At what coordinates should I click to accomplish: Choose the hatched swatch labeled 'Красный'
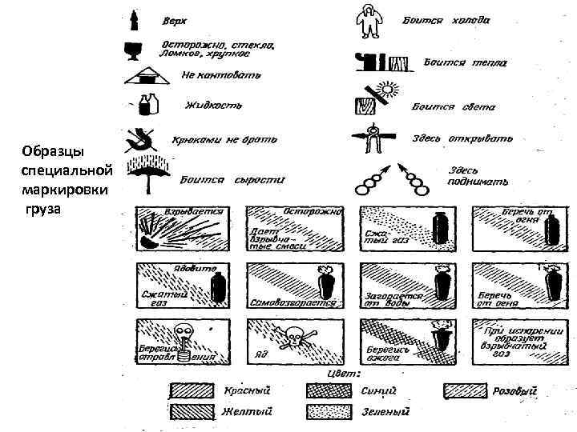point(192,390)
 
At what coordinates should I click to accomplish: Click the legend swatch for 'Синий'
point(329,390)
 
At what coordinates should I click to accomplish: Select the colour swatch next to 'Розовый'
point(466,390)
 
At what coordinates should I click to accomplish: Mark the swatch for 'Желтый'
point(192,411)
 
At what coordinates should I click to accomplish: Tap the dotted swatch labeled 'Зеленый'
point(329,411)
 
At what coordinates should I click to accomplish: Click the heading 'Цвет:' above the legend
point(342,373)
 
